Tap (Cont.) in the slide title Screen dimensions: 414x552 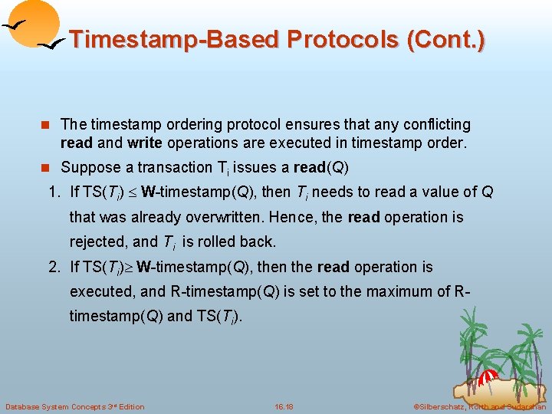(447, 39)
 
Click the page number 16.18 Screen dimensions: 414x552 (284, 406)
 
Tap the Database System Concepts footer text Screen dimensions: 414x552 (74, 406)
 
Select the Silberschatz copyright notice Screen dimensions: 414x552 (478, 406)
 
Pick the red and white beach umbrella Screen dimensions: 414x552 (488, 378)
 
